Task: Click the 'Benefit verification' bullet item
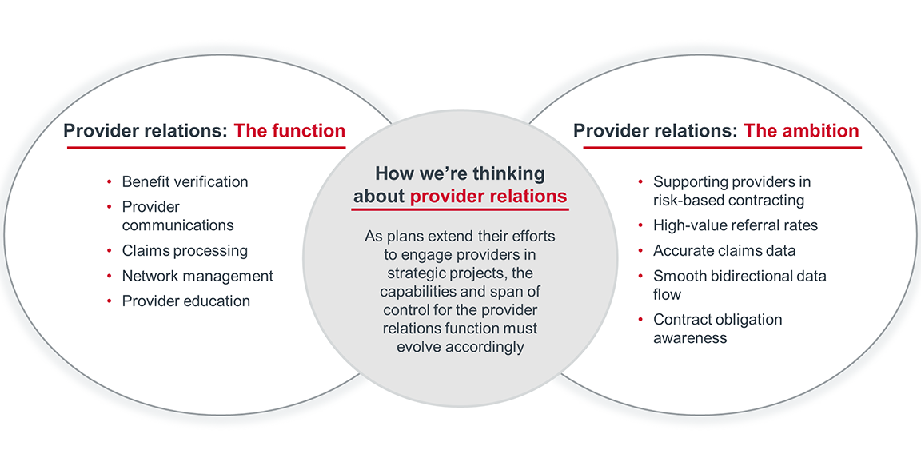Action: pos(185,181)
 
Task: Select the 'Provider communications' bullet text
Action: pos(177,216)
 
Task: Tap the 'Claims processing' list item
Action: pos(185,251)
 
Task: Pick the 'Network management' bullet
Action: pos(197,276)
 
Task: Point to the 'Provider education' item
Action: pos(185,301)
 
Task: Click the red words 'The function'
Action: pos(289,131)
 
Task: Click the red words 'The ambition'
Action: pos(801,131)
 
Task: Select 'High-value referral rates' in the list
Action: pos(735,225)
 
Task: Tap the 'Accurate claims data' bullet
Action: pos(724,251)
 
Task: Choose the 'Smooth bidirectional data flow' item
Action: pos(740,285)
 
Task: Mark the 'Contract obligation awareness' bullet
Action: pos(717,329)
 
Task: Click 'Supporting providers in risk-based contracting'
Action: pos(732,191)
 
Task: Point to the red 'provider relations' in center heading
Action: pos(488,197)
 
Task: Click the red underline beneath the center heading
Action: pos(460,210)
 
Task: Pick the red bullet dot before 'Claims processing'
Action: pos(110,251)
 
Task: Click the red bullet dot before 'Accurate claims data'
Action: pos(641,251)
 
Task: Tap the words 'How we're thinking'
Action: pos(460,173)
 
